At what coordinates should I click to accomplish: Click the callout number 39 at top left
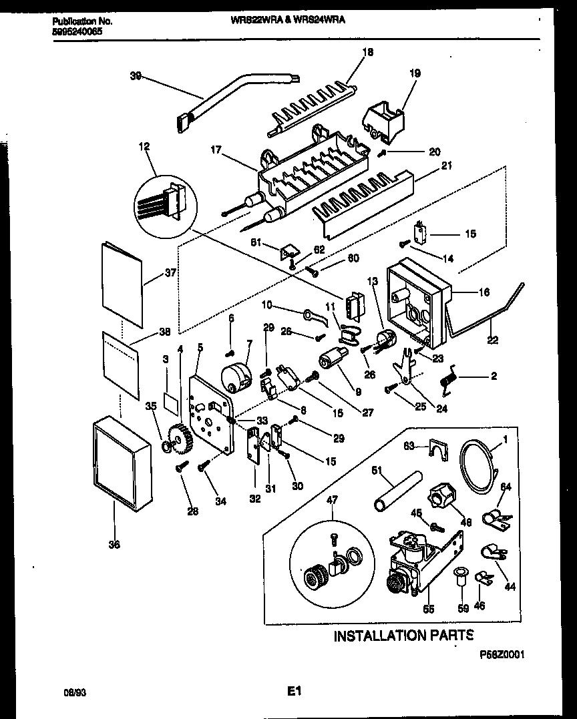coord(136,77)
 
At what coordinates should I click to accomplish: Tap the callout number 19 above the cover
coord(415,73)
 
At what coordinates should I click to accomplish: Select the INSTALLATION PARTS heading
coord(403,635)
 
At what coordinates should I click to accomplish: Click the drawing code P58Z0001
coord(501,656)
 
